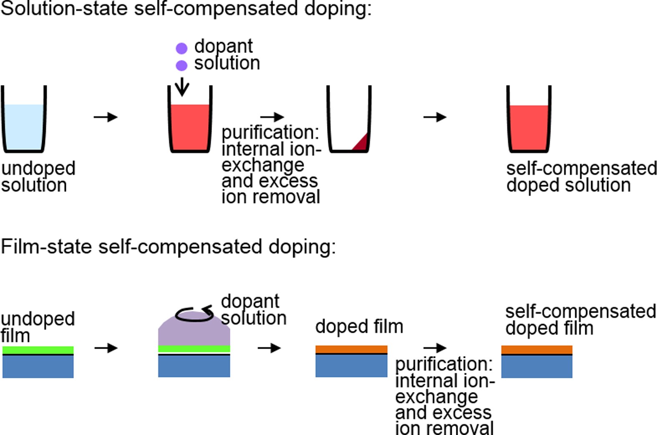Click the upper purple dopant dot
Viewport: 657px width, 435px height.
pos(181,48)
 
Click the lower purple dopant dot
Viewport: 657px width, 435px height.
pos(181,65)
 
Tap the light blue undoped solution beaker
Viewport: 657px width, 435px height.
pos(24,125)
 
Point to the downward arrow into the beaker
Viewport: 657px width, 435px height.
pos(182,86)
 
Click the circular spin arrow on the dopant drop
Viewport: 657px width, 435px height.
pos(194,314)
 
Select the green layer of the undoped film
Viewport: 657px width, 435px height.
pos(38,350)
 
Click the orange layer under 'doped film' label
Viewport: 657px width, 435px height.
pos(351,349)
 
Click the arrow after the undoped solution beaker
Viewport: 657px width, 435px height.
pos(106,117)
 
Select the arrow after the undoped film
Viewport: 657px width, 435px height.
pos(106,348)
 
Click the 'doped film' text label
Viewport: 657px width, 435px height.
pos(359,327)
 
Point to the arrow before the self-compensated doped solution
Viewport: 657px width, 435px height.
pos(435,117)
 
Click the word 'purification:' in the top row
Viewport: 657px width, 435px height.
pos(270,133)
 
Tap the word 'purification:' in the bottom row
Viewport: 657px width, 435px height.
pos(444,364)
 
